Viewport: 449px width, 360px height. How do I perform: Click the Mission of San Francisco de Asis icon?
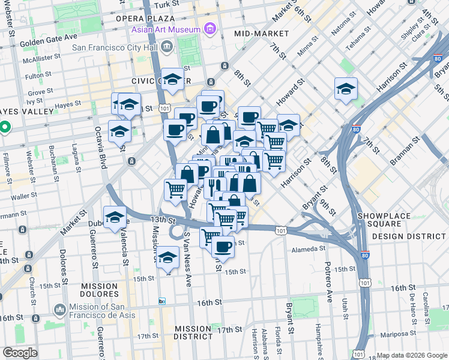pos(59,310)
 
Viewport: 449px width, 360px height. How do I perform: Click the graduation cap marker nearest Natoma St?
pos(346,89)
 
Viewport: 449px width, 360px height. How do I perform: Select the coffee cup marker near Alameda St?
pos(223,247)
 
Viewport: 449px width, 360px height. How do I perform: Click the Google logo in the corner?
pos(20,353)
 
